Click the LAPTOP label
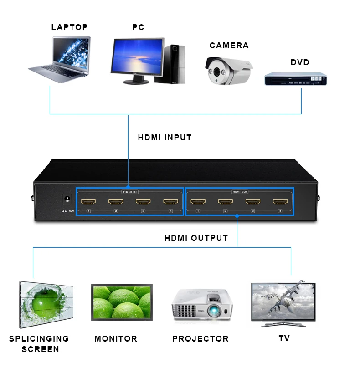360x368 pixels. tap(69, 27)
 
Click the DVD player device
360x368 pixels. tap(296, 78)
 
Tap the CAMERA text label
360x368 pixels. tap(229, 46)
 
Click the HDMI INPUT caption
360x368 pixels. tap(165, 137)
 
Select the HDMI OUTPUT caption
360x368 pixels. tap(196, 238)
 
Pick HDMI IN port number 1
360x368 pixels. tap(88, 202)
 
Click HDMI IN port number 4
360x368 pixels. tap(170, 202)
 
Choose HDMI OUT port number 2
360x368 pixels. tap(225, 202)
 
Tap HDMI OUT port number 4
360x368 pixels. tap(280, 202)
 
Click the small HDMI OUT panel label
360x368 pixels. tap(240, 192)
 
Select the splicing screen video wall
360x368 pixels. tap(46, 304)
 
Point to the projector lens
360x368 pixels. tap(214, 312)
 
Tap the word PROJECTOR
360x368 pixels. tap(201, 338)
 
